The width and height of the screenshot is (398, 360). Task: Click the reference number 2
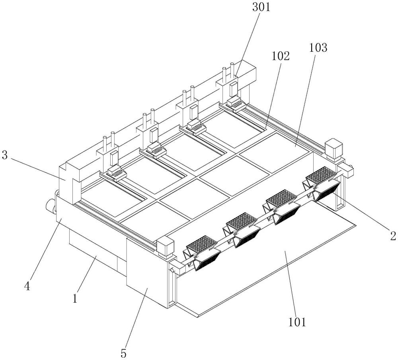coord(393,236)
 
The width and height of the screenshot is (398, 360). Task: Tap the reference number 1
coord(74,297)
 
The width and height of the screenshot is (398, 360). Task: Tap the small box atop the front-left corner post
coord(164,247)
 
